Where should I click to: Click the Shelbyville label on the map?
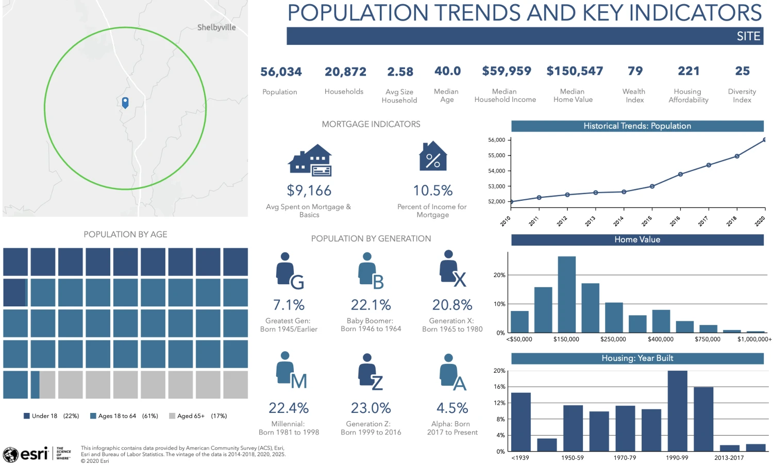pos(216,28)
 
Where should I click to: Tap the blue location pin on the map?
pos(125,102)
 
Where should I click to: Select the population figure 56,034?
pos(281,72)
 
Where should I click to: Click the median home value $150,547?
pos(575,71)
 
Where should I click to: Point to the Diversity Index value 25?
pos(742,71)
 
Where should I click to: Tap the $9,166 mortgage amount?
pos(309,191)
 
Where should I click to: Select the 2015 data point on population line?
pos(652,186)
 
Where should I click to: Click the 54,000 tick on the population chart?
pos(497,171)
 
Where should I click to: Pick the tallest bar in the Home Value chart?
pos(567,295)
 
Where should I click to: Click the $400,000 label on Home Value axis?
pos(661,339)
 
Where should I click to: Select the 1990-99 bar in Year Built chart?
pos(678,411)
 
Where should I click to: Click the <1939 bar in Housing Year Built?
pos(520,422)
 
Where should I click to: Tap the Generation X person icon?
pos(452,268)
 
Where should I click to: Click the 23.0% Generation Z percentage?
pos(371,408)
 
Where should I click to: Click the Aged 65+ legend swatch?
pos(172,416)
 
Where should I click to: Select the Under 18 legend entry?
pos(51,416)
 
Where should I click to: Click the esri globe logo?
pos(11,455)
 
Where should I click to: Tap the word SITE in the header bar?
pos(748,36)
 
